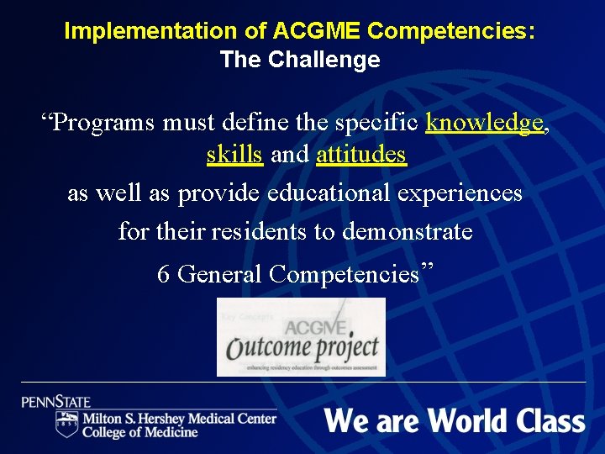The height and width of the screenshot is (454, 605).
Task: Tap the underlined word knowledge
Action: click(484, 123)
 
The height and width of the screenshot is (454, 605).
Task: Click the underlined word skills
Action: click(234, 156)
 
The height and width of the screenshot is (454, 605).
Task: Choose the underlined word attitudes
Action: click(361, 156)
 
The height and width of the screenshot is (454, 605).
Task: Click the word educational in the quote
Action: click(329, 193)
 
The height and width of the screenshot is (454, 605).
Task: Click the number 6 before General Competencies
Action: click(164, 274)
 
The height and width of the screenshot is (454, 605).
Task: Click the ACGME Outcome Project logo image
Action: click(301, 336)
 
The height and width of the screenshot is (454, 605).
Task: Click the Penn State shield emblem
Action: click(66, 424)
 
